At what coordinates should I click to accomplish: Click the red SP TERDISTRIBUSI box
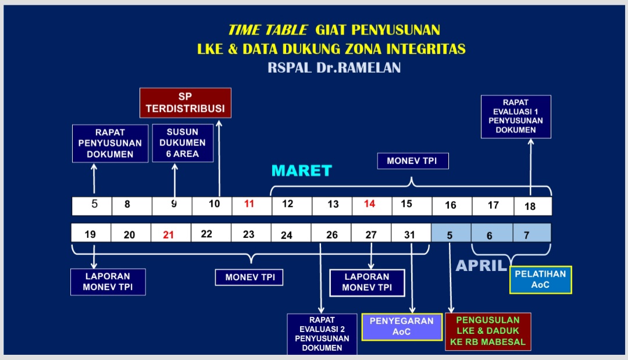pyautogui.click(x=185, y=103)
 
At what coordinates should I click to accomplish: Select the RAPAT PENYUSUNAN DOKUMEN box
pyautogui.click(x=110, y=143)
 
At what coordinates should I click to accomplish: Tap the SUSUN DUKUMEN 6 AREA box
pyautogui.click(x=183, y=143)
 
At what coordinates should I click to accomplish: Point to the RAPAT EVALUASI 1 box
pyautogui.click(x=516, y=116)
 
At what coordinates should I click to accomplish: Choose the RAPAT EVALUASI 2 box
pyautogui.click(x=322, y=334)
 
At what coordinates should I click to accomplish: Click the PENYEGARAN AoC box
pyautogui.click(x=402, y=327)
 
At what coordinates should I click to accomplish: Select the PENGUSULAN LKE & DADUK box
pyautogui.click(x=488, y=332)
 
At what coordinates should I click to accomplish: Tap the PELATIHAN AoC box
pyautogui.click(x=540, y=280)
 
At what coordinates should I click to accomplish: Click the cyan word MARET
pyautogui.click(x=302, y=171)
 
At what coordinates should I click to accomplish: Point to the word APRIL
pyautogui.click(x=481, y=266)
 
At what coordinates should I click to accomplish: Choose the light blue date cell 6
pyautogui.click(x=492, y=233)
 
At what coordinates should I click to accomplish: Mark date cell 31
pyautogui.click(x=411, y=233)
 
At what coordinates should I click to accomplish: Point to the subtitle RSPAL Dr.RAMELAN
pyautogui.click(x=334, y=67)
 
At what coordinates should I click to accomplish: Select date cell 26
pyautogui.click(x=331, y=233)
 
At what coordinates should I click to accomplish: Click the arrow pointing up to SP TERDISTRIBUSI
pyautogui.click(x=219, y=159)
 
